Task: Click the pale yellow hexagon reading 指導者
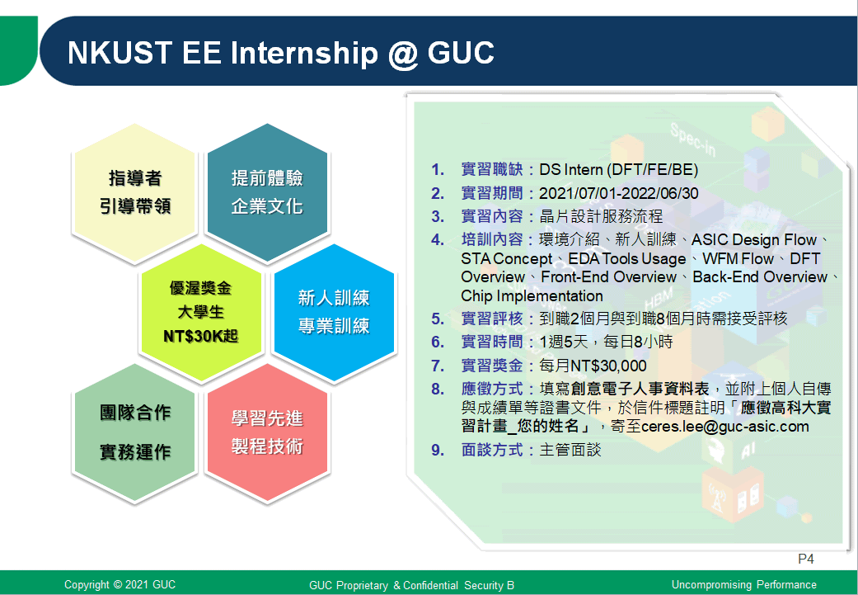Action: tap(134, 193)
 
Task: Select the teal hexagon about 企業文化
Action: tap(267, 193)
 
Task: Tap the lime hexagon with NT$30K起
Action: tap(201, 313)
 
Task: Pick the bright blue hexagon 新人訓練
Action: tap(334, 313)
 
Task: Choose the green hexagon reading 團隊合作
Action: tap(134, 432)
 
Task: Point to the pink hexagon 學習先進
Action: tap(267, 432)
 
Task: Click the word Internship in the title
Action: tap(304, 53)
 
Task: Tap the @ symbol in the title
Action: tap(403, 54)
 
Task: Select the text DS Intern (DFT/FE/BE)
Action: tap(619, 170)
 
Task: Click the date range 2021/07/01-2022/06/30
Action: tap(619, 193)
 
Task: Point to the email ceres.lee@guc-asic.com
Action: tap(725, 427)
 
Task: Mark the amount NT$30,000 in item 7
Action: tap(608, 366)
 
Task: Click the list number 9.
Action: tap(437, 450)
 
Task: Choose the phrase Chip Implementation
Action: tap(532, 296)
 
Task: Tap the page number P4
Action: tap(806, 559)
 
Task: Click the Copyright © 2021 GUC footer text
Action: tap(120, 584)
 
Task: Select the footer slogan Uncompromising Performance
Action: tap(744, 584)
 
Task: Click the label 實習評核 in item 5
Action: tap(492, 319)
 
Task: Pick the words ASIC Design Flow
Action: tap(754, 240)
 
